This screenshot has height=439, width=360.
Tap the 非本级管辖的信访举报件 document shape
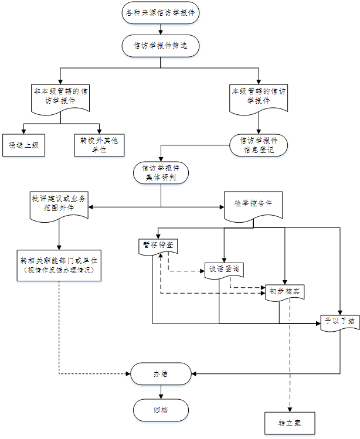tap(60, 97)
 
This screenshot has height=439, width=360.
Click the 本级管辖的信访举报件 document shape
tap(259, 96)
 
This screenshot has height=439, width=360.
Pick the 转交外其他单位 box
tap(100, 144)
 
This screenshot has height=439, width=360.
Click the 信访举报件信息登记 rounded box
tap(259, 145)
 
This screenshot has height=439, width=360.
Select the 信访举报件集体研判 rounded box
tap(161, 172)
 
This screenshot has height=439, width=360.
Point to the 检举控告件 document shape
tap(253, 205)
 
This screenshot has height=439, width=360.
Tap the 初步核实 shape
tap(284, 291)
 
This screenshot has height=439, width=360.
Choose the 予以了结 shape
tap(341, 321)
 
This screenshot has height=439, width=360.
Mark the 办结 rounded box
tap(161, 373)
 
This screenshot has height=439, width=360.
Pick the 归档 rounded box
tap(161, 409)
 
